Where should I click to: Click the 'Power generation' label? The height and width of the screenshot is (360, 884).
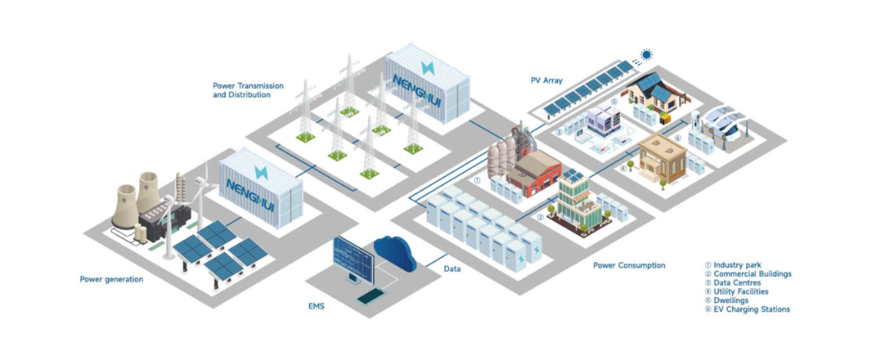click(x=111, y=279)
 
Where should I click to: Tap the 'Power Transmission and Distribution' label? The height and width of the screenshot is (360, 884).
click(x=248, y=90)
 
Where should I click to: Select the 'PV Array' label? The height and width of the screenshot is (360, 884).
click(x=546, y=81)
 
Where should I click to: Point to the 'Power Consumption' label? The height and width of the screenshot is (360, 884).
click(x=629, y=266)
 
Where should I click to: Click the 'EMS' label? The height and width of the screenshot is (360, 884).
click(x=316, y=306)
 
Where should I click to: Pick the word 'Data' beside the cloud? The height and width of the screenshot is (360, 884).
click(x=452, y=269)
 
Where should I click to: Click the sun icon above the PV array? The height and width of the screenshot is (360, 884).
click(x=647, y=55)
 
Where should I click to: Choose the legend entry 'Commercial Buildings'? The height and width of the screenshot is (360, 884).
click(x=752, y=274)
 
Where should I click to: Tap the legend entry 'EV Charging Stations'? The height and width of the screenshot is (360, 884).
click(x=751, y=309)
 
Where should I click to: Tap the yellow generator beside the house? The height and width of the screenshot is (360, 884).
click(x=665, y=118)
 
